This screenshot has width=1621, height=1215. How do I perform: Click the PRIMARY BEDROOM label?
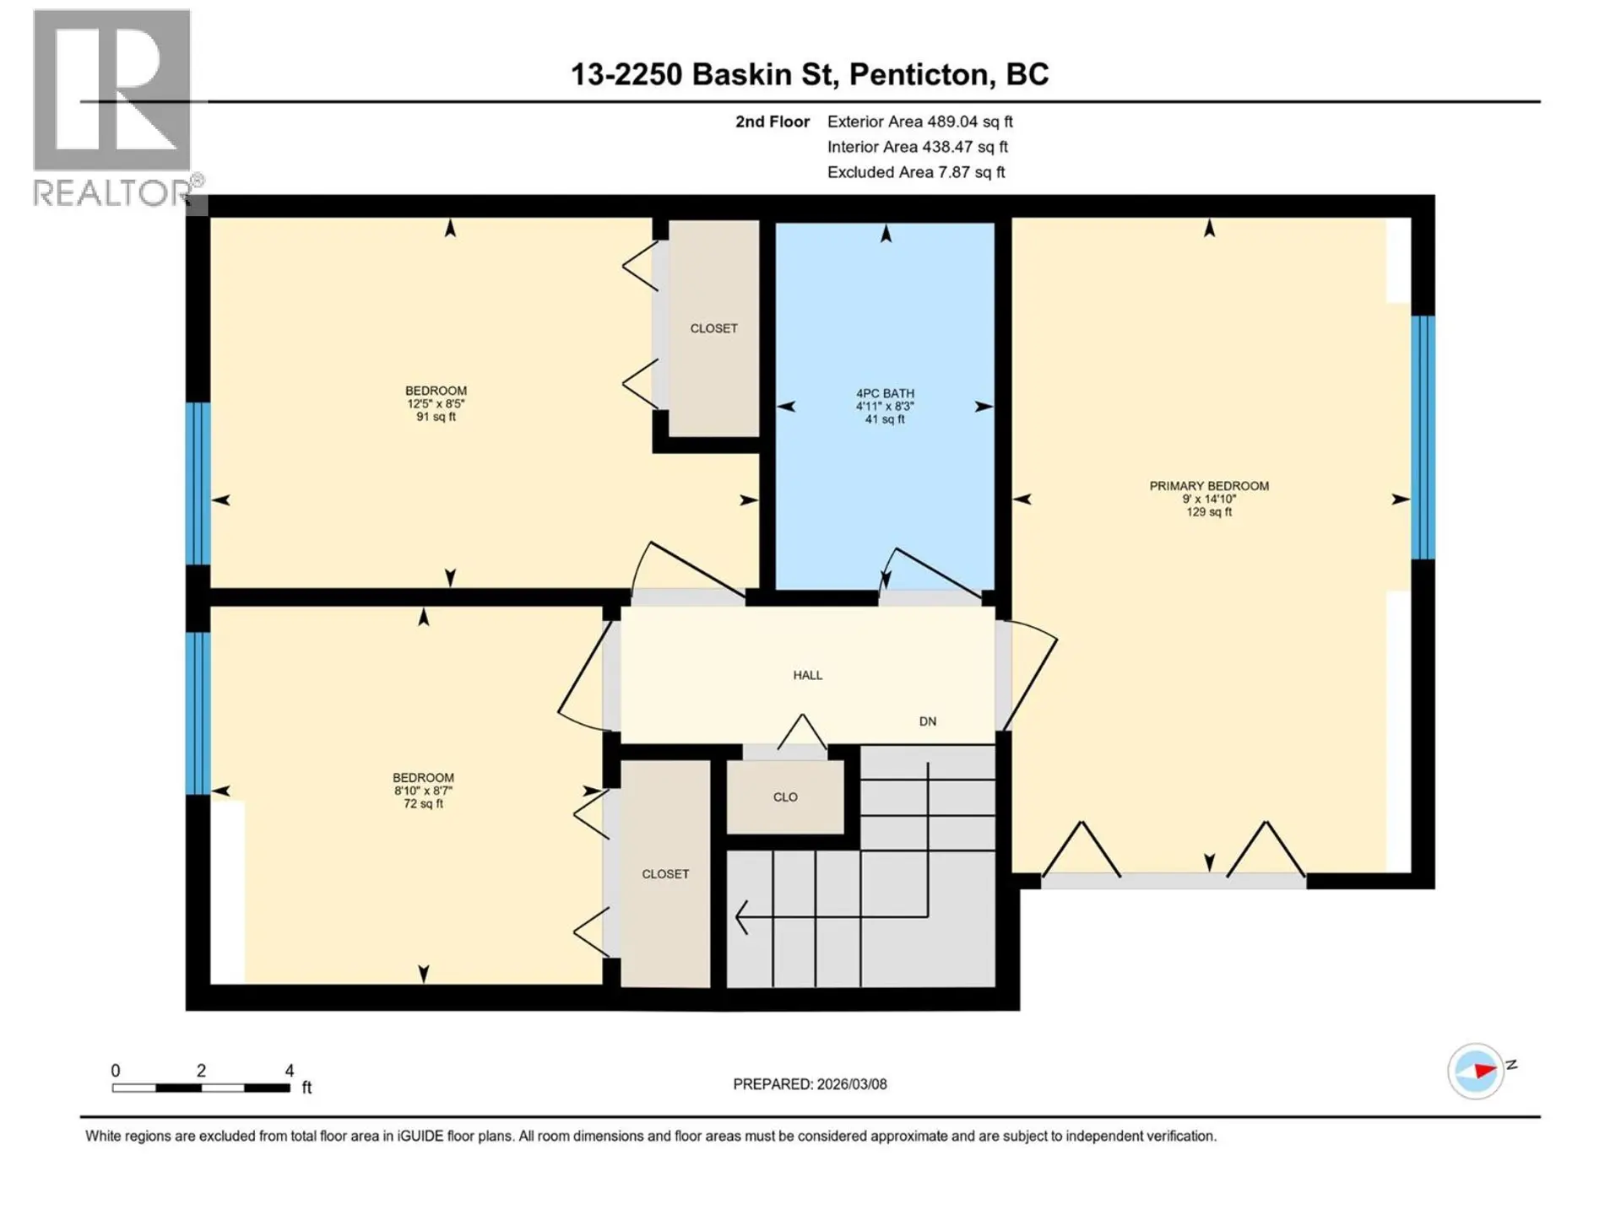pyautogui.click(x=1208, y=486)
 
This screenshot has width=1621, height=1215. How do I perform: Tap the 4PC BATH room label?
pyautogui.click(x=884, y=393)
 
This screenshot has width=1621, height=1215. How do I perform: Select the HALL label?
pyautogui.click(x=807, y=675)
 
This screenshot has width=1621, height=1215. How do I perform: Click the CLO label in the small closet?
pyautogui.click(x=785, y=797)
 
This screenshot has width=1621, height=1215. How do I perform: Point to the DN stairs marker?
pyautogui.click(x=927, y=721)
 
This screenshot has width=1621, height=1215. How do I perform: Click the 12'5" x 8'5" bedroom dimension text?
pyautogui.click(x=436, y=404)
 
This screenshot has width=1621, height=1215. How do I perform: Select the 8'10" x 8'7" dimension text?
pyautogui.click(x=423, y=791)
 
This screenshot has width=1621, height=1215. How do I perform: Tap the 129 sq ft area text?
pyautogui.click(x=1208, y=512)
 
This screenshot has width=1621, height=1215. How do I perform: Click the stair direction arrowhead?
pyautogui.click(x=741, y=917)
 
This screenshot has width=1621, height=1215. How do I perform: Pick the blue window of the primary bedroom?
pyautogui.click(x=1423, y=437)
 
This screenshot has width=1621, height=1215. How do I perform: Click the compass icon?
pyautogui.click(x=1475, y=1071)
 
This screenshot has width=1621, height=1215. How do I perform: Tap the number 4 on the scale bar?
pyautogui.click(x=289, y=1071)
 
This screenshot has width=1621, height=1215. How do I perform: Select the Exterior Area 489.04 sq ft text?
pyautogui.click(x=919, y=121)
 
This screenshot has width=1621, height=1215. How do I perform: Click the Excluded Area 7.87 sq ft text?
pyautogui.click(x=915, y=172)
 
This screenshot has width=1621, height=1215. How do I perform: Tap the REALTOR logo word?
pyautogui.click(x=112, y=193)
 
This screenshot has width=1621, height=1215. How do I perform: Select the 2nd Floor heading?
pyautogui.click(x=772, y=121)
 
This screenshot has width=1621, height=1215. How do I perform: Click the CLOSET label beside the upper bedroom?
pyautogui.click(x=713, y=328)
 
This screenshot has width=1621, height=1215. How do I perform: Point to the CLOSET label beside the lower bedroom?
pyautogui.click(x=665, y=874)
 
